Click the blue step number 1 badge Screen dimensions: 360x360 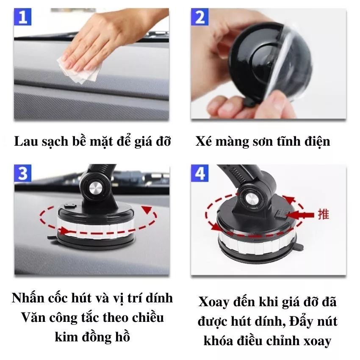pos(22,17)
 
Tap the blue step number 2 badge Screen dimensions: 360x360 pos(200,17)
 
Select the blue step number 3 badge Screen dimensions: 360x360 pos(22,173)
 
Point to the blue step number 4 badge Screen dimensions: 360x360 pos(200,173)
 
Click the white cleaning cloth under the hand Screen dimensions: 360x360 pos(79,69)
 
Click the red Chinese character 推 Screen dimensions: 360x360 pos(324,214)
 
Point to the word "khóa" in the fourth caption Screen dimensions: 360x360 pos(218,341)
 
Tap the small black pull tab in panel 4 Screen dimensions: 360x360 pos(299,247)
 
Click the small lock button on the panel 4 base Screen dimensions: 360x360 pos(281,214)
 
